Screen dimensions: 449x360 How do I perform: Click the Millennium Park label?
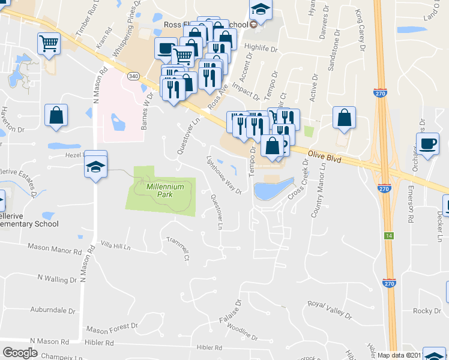pyautogui.click(x=159, y=191)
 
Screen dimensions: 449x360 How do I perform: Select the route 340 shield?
pyautogui.click(x=133, y=76)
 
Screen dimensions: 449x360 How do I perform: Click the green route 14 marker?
pyautogui.click(x=389, y=236)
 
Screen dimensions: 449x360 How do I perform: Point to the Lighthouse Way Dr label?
pyautogui.click(x=223, y=175)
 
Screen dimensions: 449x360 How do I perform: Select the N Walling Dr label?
pyautogui.click(x=57, y=278)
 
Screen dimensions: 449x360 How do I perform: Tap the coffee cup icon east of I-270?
pyautogui.click(x=427, y=145)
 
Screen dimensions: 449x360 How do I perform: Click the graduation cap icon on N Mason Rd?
pyautogui.click(x=95, y=165)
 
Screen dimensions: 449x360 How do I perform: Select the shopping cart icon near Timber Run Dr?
pyautogui.click(x=48, y=42)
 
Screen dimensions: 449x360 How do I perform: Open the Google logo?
pyautogui.click(x=20, y=353)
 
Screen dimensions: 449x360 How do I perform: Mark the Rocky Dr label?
pyautogui.click(x=427, y=311)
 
